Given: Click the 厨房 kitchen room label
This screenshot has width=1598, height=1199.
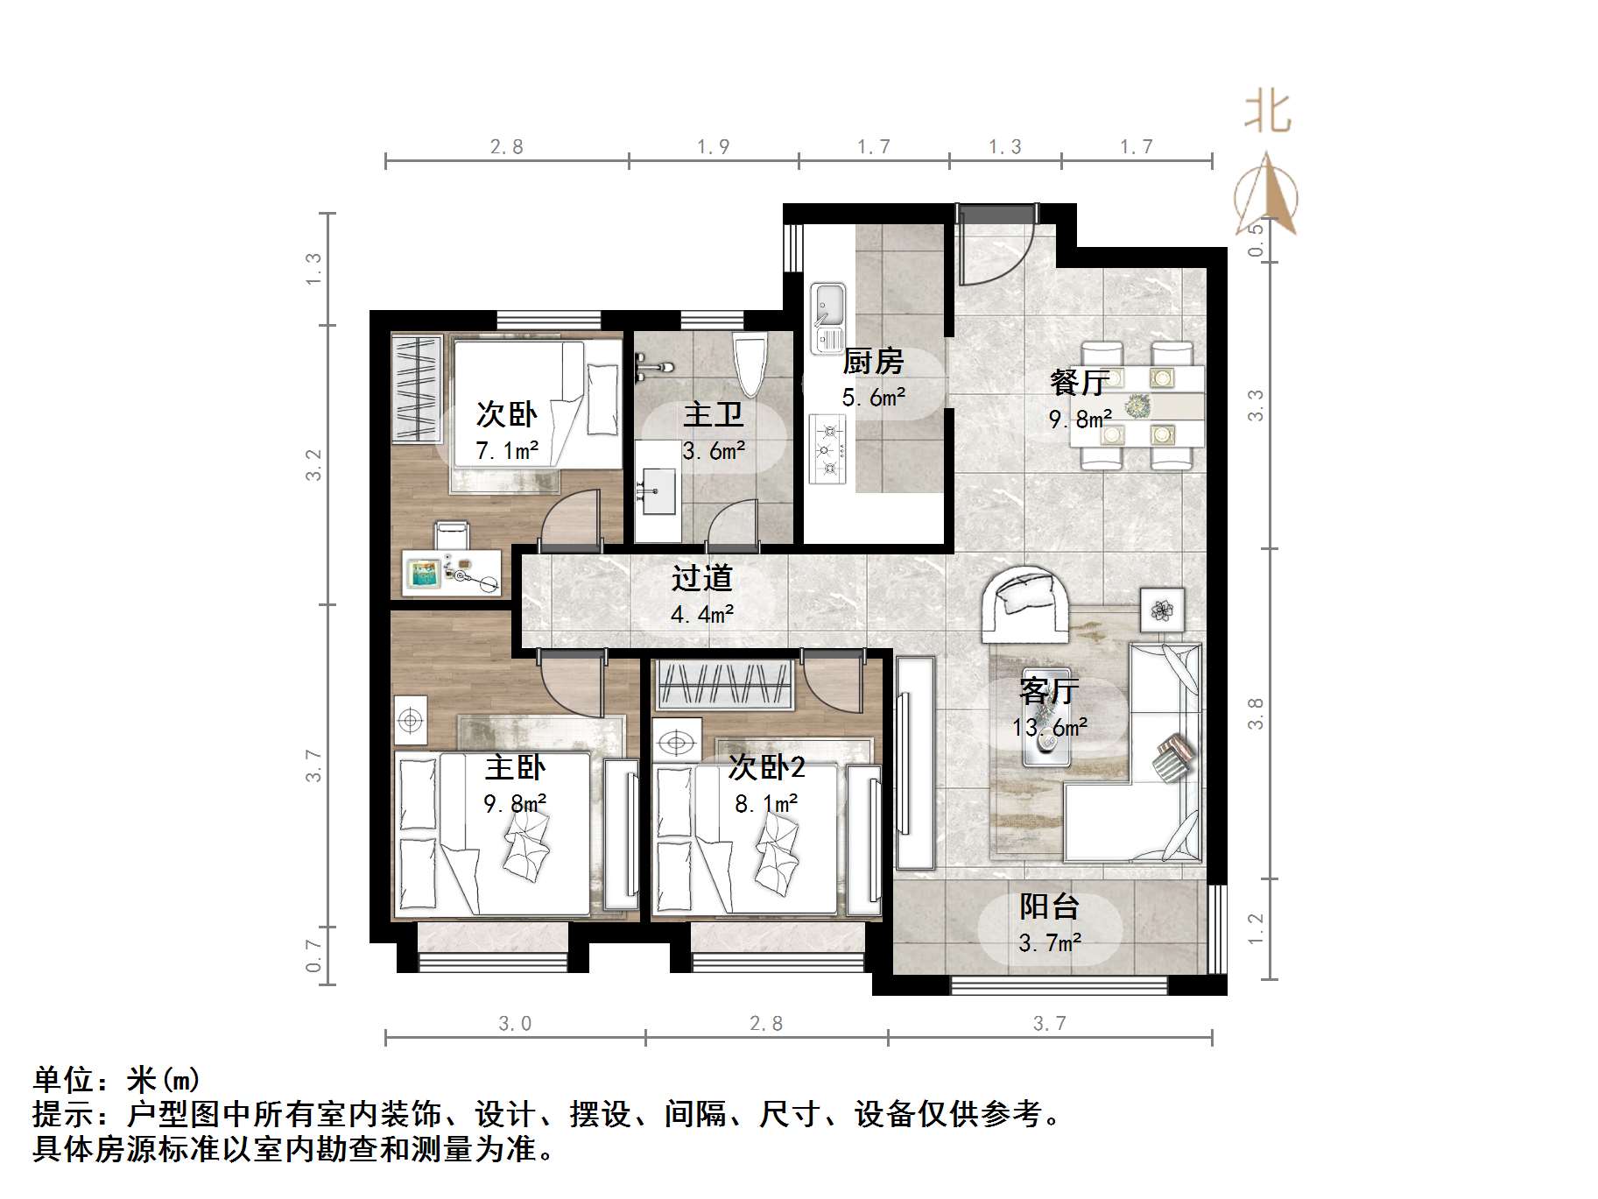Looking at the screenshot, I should pyautogui.click(x=872, y=361).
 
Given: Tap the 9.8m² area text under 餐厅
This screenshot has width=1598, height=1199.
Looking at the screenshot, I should pyautogui.click(x=1080, y=419).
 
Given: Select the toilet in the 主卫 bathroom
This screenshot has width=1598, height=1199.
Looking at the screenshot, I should pyautogui.click(x=750, y=364).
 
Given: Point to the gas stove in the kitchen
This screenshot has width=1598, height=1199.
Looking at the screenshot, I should pyautogui.click(x=827, y=449).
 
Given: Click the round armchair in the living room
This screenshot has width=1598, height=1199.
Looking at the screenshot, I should pyautogui.click(x=1024, y=601).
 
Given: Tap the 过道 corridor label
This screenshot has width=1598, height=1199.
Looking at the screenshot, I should pyautogui.click(x=701, y=578).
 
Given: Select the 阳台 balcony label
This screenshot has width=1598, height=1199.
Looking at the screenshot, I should pyautogui.click(x=1049, y=906).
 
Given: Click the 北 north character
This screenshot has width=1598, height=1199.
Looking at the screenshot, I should pyautogui.click(x=1267, y=114).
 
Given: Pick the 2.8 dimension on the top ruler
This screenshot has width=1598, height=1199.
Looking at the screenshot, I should pyautogui.click(x=506, y=146).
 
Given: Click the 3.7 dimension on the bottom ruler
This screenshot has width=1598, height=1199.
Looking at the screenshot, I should pyautogui.click(x=1049, y=1023).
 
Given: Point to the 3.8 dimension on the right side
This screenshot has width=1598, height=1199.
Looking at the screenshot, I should pyautogui.click(x=1256, y=713).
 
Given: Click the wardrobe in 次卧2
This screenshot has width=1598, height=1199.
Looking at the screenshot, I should pyautogui.click(x=724, y=684).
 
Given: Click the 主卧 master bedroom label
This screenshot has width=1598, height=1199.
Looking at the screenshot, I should pyautogui.click(x=515, y=768).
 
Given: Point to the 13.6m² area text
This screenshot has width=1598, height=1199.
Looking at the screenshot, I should pyautogui.click(x=1050, y=727).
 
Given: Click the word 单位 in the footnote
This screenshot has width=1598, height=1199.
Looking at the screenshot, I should pyautogui.click(x=63, y=1080).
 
